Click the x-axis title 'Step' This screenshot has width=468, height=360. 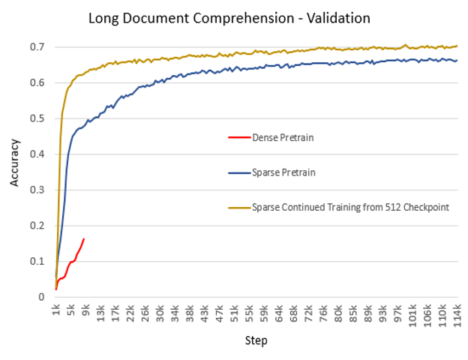(256, 340)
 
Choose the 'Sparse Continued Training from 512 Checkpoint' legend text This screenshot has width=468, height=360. (350, 207)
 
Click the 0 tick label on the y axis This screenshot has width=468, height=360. (41, 297)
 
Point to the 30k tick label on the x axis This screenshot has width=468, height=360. (159, 313)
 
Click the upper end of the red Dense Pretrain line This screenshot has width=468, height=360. (84, 239)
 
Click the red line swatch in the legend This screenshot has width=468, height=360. (237, 137)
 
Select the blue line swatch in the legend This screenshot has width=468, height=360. (237, 172)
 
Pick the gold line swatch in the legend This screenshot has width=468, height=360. (237, 207)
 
